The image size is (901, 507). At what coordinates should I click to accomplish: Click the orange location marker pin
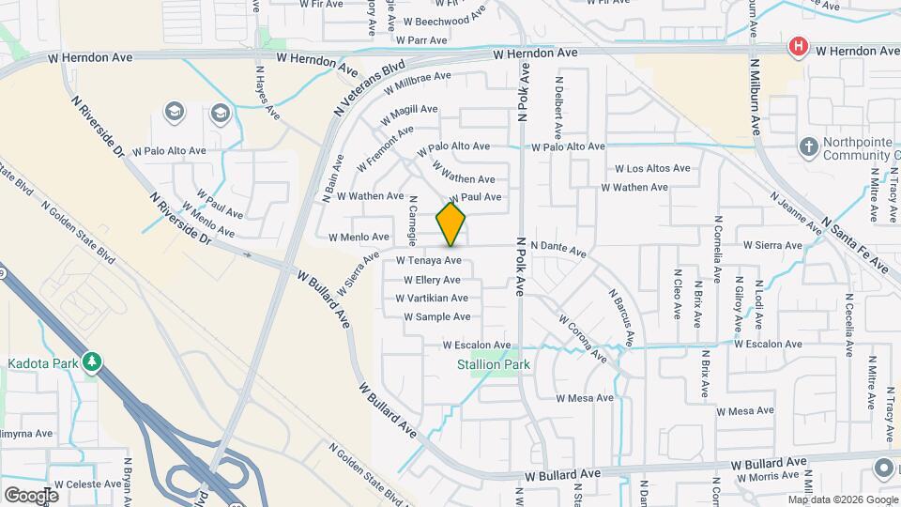click(x=451, y=223)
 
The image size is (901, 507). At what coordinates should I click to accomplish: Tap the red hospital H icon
click(x=799, y=46)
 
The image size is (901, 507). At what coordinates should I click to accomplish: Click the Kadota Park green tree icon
click(x=91, y=361)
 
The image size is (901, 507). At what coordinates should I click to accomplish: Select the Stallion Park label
click(x=494, y=364)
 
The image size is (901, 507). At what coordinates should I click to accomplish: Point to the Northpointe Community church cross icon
click(x=807, y=146)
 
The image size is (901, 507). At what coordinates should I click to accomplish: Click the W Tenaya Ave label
click(x=429, y=260)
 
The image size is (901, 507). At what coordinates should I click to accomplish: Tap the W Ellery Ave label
click(x=432, y=280)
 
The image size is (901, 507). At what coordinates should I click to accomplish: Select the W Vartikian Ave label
click(x=432, y=299)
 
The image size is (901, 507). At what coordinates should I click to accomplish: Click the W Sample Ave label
click(x=436, y=317)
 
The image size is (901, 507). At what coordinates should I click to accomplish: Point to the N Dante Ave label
click(x=558, y=249)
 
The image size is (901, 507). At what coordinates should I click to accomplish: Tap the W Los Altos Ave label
click(x=652, y=169)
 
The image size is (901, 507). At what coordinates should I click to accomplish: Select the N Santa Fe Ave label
click(x=854, y=243)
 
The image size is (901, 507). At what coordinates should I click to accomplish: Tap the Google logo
click(x=31, y=495)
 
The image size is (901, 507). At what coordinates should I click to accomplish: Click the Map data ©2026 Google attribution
click(x=843, y=499)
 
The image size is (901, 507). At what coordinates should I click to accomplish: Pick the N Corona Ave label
click(x=583, y=339)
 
